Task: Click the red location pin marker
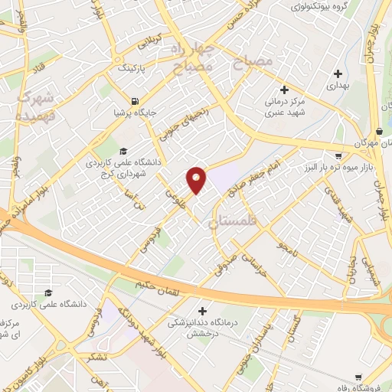tap(197, 179)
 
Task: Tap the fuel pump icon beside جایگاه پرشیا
tap(136, 101)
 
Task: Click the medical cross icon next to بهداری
tap(338, 74)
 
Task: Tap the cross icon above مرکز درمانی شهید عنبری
tap(285, 90)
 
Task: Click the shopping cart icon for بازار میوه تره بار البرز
tap(338, 145)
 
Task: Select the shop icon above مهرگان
tap(381, 131)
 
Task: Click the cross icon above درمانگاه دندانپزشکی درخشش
tap(202, 311)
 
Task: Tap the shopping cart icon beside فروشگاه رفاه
tap(359, 377)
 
